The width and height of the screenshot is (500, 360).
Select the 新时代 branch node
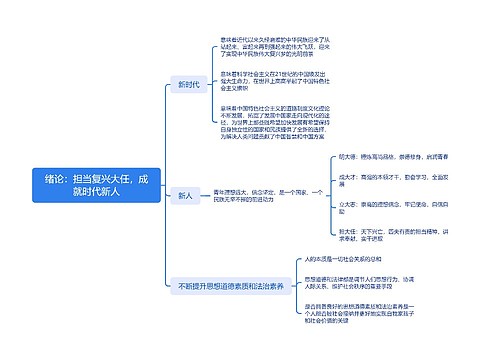pyautogui.click(x=186, y=85)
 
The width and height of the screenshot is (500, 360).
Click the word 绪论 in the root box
pyautogui.click(x=56, y=176)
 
